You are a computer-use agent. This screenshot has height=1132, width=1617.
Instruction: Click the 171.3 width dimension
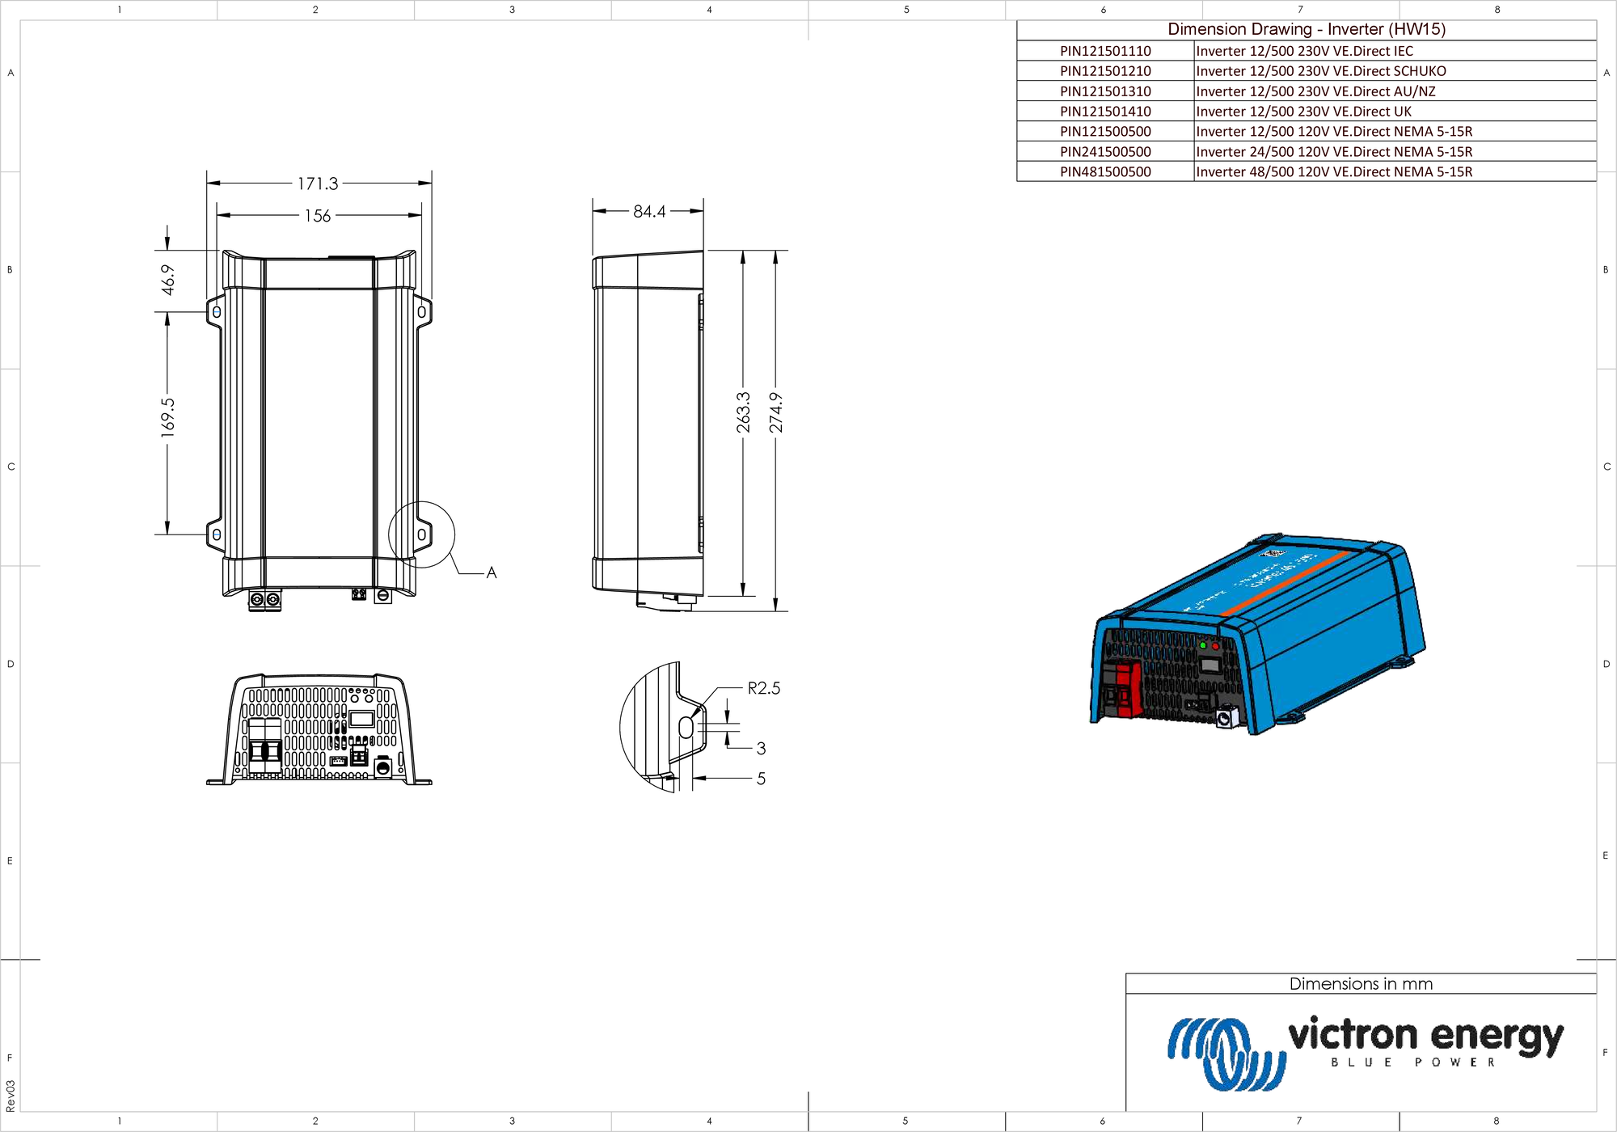[x=318, y=184]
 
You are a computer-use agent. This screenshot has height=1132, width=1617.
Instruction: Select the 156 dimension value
[x=318, y=216]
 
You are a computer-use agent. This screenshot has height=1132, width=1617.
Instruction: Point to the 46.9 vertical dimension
[x=167, y=280]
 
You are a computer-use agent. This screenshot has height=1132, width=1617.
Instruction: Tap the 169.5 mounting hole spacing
[x=167, y=418]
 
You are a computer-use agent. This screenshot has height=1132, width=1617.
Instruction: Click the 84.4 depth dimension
[x=649, y=211]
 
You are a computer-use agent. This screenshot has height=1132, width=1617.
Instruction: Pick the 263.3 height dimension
[x=743, y=412]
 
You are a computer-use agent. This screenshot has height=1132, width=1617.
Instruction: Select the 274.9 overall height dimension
[x=775, y=412]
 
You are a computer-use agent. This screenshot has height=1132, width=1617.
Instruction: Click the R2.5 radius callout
[x=763, y=688]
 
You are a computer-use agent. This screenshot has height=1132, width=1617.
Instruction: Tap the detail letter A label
[x=492, y=572]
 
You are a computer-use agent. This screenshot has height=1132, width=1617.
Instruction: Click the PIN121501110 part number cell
[x=1105, y=51]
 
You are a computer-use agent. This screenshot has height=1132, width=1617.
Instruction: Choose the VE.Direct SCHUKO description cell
[x=1321, y=71]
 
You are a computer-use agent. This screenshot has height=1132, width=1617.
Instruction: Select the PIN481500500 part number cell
[x=1105, y=171]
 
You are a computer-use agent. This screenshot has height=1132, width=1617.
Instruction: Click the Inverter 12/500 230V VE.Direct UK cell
[x=1303, y=112]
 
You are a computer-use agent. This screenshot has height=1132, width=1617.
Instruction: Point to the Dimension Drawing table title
[x=1307, y=29]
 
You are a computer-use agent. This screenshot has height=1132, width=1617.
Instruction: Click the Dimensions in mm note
[x=1361, y=984]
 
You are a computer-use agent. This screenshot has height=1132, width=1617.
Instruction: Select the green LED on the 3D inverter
[x=1203, y=645]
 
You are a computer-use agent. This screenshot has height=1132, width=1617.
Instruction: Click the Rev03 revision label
[x=10, y=1095]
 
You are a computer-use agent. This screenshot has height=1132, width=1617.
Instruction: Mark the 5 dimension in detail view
[x=761, y=779]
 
